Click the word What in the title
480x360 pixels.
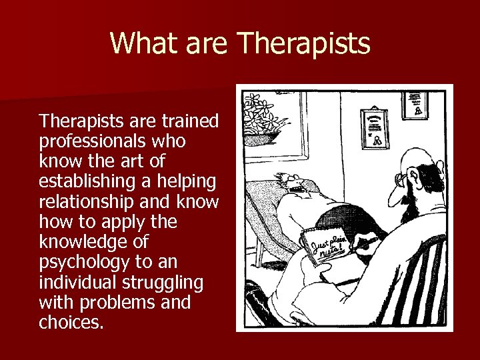pos(135,43)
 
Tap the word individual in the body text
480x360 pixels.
pos(75,283)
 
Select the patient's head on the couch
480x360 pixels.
pos(294,183)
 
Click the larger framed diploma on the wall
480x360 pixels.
pos(373,127)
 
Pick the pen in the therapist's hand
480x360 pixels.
pos(363,247)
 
